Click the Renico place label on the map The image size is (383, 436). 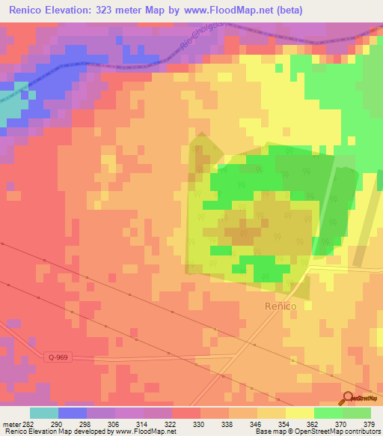(x=281, y=306)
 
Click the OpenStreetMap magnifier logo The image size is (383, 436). (x=349, y=399)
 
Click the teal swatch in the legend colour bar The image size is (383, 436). (x=44, y=413)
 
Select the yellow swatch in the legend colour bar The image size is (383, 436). (x=300, y=413)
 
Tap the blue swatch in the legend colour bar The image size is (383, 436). (x=73, y=413)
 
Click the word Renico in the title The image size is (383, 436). (x=29, y=10)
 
